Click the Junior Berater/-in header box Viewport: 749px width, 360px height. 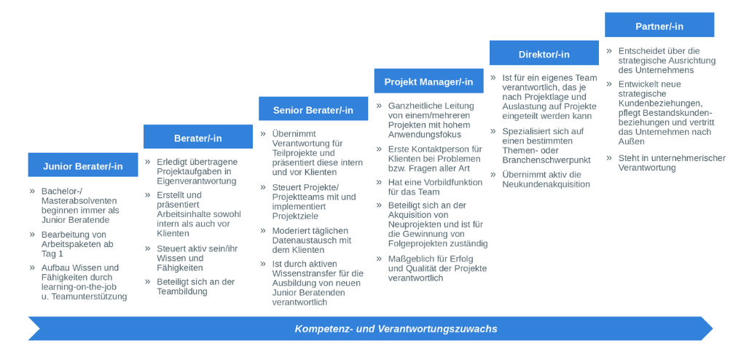point(82,165)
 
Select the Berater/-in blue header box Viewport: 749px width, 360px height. point(197,138)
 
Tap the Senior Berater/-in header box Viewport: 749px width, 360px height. point(313,109)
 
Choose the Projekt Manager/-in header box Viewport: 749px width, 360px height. point(428,82)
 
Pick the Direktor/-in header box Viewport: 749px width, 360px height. point(544,54)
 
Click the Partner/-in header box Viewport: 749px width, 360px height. point(659,26)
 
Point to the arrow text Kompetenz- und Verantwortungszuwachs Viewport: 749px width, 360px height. point(396,329)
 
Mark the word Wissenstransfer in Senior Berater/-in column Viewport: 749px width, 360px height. point(305,273)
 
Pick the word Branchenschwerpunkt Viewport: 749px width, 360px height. point(546,160)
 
